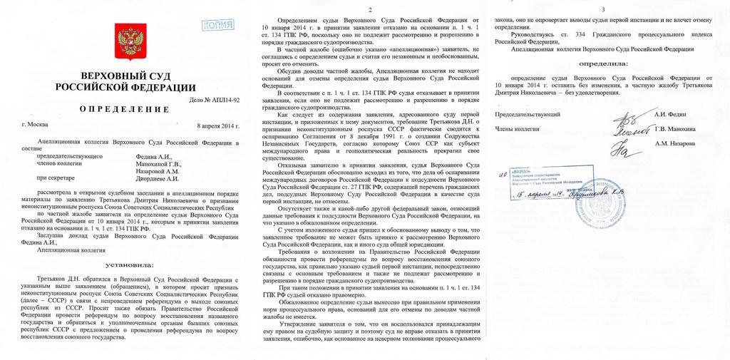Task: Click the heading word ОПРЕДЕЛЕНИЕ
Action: click(128, 109)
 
